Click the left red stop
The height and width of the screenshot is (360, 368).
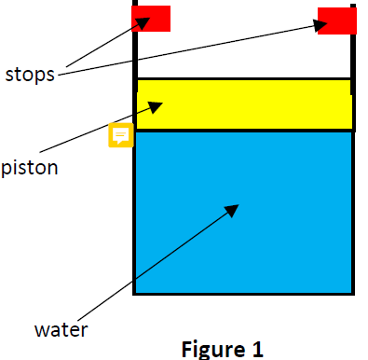(152, 19)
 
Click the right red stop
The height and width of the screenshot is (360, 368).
(336, 21)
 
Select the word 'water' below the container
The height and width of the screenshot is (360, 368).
(60, 329)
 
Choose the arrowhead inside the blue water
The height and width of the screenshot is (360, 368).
(233, 210)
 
